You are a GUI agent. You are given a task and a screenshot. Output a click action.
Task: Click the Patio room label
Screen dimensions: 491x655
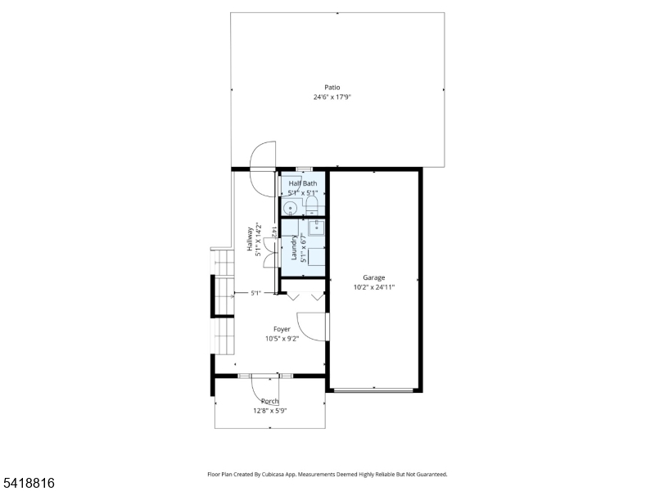point(332,88)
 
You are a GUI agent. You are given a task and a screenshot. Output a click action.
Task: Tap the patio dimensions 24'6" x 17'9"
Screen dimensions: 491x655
point(332,97)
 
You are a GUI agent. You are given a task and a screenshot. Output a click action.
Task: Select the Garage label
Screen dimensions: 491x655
point(374,278)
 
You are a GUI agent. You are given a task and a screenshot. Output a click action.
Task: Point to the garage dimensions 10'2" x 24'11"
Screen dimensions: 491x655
point(374,287)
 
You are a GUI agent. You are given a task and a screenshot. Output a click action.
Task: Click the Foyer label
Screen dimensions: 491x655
point(282,329)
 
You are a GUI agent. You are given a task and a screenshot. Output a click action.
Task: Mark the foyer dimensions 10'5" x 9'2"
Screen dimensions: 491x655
point(282,339)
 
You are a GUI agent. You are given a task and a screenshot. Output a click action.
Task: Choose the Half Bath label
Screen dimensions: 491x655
point(302,183)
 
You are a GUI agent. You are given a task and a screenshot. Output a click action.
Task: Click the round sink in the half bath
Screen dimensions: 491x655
point(290,207)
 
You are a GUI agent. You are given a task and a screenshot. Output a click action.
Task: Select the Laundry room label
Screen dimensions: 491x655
point(292,249)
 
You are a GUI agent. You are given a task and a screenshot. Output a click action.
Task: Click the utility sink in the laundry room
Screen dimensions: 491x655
point(315,227)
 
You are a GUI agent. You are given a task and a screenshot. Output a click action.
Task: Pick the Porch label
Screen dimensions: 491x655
point(269,401)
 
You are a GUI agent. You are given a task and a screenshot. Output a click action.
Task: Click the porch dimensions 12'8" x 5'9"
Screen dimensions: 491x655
point(269,411)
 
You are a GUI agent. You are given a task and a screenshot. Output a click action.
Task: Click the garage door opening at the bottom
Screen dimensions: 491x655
point(373,390)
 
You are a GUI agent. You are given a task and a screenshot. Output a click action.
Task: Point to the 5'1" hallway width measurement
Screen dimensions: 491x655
point(255,293)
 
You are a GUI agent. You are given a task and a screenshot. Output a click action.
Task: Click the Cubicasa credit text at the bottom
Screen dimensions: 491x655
point(327,474)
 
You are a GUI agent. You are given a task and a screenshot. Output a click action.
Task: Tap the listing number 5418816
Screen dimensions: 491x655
point(28,484)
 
